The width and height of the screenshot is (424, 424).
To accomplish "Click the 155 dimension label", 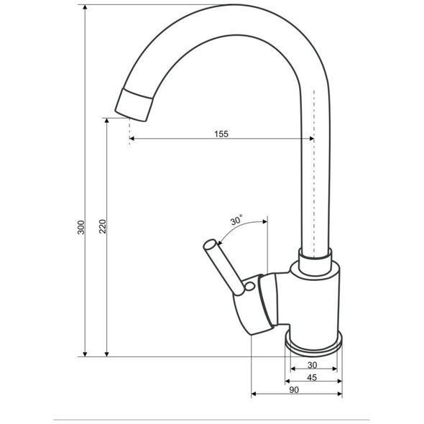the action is [x=221, y=134].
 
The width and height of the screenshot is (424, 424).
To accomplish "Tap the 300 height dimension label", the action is [x=81, y=227].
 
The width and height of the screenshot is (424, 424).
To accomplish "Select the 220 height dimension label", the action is [x=103, y=226].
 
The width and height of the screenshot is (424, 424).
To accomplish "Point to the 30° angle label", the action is [x=236, y=221].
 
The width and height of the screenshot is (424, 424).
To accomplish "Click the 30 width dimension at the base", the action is [x=312, y=365].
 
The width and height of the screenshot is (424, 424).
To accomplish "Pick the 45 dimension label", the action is [x=312, y=377].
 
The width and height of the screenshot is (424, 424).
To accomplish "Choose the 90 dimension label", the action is [x=294, y=390].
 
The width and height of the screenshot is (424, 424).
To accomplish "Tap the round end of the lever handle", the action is [x=210, y=246].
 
